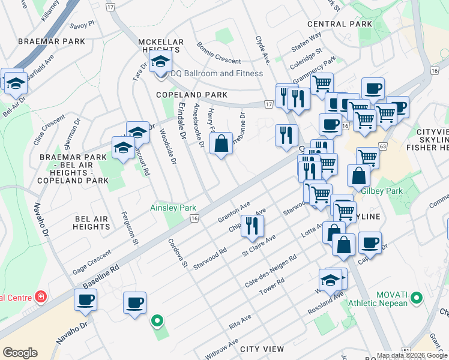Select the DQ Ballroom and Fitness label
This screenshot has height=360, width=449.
(x=217, y=73)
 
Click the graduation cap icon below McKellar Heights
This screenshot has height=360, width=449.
(x=160, y=61)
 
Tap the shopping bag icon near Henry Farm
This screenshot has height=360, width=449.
(x=221, y=144)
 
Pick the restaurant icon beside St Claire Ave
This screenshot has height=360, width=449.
(x=253, y=226)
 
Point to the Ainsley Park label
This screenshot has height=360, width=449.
(x=173, y=208)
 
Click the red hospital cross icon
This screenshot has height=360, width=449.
(x=40, y=297)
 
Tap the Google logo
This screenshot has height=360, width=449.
(x=20, y=352)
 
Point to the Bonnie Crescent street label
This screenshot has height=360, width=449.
(x=219, y=54)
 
